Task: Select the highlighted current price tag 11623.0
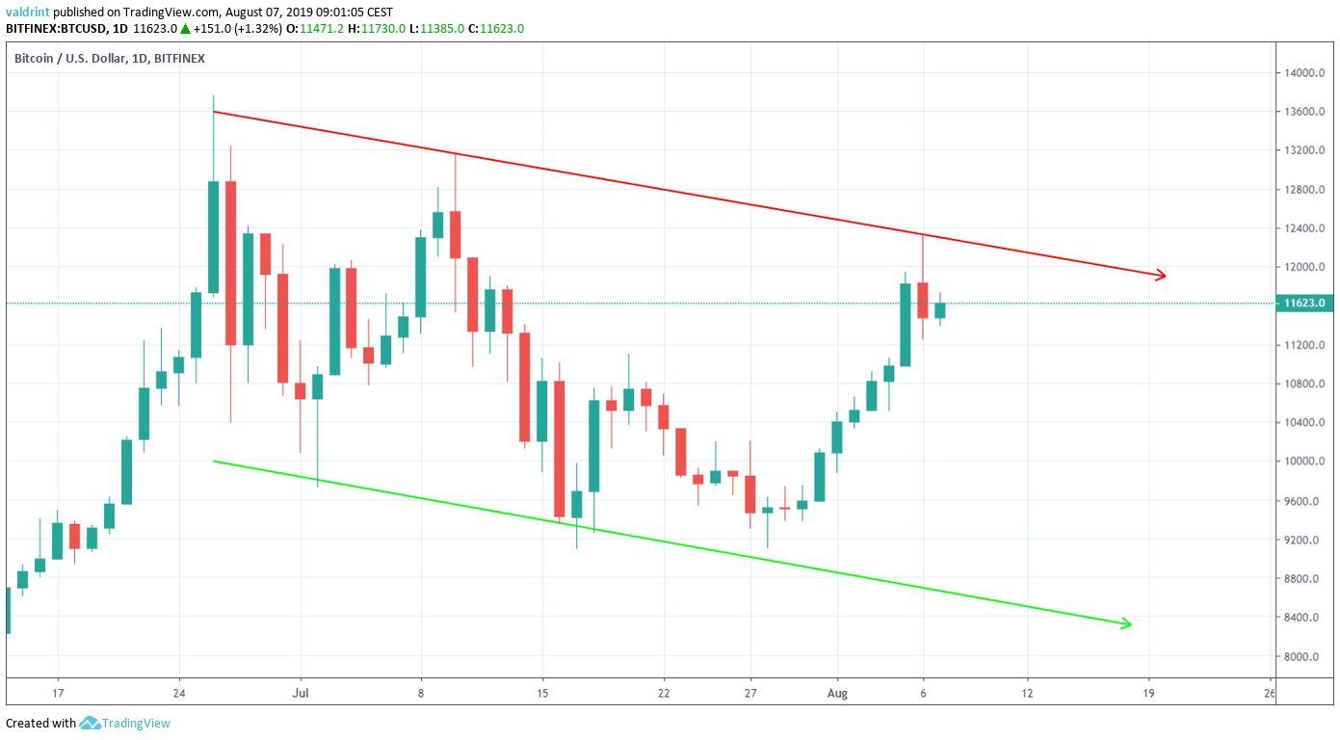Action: [x=1304, y=304]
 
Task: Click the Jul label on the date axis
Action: [x=302, y=693]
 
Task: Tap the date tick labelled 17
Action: [x=58, y=693]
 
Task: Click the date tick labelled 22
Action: [x=664, y=693]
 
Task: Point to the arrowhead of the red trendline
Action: [x=1162, y=276]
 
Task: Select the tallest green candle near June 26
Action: [x=213, y=237]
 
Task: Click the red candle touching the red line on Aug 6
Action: [x=923, y=300]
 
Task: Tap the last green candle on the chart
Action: [x=939, y=310]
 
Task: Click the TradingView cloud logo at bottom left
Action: [x=91, y=723]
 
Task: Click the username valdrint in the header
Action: [x=28, y=12]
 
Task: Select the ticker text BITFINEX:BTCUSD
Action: [x=54, y=29]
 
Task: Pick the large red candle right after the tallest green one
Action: [x=230, y=262]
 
